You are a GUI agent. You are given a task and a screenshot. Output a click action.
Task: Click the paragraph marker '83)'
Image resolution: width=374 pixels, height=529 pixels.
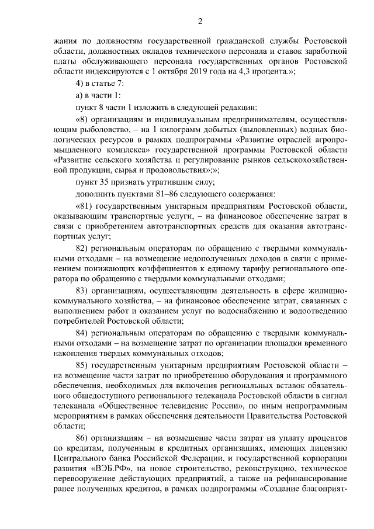tap(82, 291)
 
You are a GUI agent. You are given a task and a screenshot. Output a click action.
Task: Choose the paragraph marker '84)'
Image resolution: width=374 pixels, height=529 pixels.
tap(82, 332)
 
